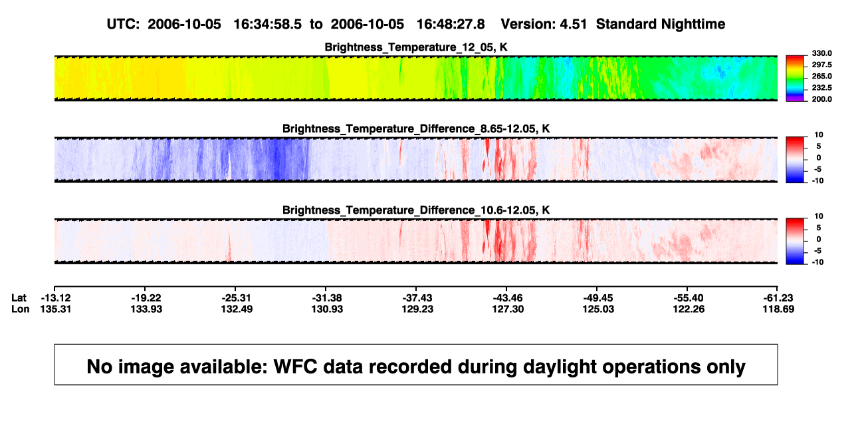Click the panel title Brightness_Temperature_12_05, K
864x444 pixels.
tap(416, 47)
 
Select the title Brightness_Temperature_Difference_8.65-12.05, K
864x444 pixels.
tap(416, 128)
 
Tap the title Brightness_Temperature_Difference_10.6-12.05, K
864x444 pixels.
tap(416, 210)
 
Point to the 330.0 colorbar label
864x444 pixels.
tap(821, 53)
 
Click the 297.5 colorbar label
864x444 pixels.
tap(821, 65)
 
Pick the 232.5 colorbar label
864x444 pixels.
tap(821, 88)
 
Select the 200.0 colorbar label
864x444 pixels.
tap(821, 99)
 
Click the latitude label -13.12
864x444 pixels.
tap(56, 298)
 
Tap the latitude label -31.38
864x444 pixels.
tap(327, 298)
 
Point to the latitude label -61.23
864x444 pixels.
tap(778, 298)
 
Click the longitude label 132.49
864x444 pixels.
tap(237, 309)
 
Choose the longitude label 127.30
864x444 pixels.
tap(508, 309)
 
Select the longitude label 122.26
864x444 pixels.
tap(689, 309)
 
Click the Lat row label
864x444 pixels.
tap(19, 298)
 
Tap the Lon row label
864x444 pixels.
tap(21, 309)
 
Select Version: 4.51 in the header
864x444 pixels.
tap(544, 24)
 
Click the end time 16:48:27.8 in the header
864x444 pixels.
tap(451, 24)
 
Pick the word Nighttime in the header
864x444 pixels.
tap(693, 24)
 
